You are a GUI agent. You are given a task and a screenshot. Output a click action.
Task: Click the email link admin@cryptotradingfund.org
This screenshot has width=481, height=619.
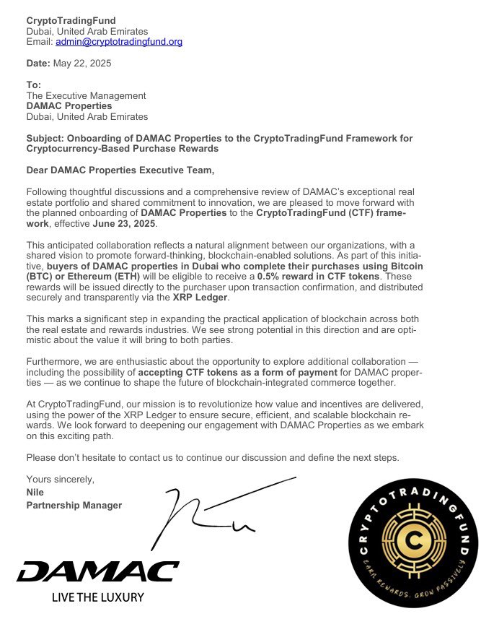coord(119,42)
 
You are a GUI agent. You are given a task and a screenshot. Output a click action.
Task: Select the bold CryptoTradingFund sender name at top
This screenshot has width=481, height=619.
coord(71,20)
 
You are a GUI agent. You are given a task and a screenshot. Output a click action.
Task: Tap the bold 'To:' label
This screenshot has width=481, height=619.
coord(34,85)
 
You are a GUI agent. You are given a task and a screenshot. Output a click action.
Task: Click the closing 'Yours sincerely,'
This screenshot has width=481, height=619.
coord(60,480)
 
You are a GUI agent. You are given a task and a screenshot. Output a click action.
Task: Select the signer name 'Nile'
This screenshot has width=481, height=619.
coord(35,493)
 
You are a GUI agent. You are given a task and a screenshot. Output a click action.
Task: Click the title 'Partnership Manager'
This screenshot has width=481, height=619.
coord(74,505)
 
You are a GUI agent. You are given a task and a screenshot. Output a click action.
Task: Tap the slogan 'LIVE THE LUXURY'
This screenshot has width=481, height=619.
coord(97,597)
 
